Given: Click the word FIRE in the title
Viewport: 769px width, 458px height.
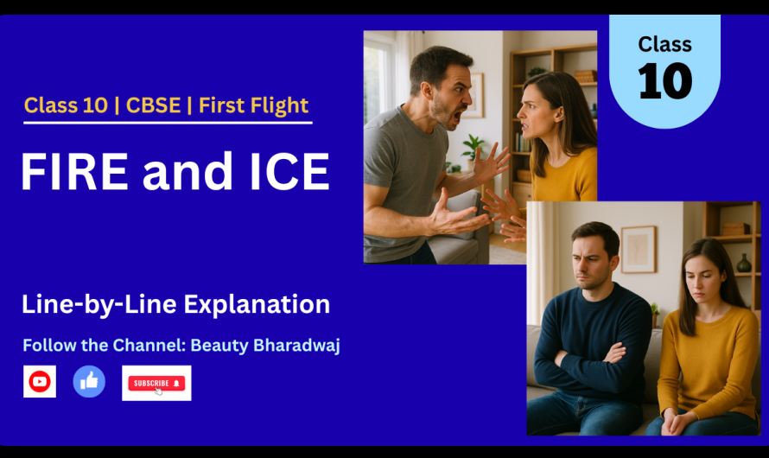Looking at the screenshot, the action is point(74,171).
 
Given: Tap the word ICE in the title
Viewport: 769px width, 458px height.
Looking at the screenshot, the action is point(289,171).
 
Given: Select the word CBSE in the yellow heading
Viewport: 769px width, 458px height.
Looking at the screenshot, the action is point(153,105).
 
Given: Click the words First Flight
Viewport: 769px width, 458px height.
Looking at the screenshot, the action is point(253,105).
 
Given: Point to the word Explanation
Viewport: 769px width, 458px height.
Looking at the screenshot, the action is point(257,304).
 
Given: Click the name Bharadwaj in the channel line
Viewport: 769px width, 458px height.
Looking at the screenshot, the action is point(296,345).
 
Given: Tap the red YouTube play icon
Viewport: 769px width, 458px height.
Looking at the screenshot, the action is point(40,381).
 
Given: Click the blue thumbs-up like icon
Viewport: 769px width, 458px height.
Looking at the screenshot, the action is point(89,381).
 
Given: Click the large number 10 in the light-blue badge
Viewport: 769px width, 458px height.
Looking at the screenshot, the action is point(665,81).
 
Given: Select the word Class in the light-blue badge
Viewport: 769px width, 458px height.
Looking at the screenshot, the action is point(665,45).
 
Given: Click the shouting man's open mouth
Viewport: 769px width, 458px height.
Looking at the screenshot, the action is point(458,117).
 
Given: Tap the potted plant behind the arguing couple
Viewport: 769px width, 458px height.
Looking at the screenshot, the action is point(473,148).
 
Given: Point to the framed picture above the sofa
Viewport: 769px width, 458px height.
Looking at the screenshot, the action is point(639,249).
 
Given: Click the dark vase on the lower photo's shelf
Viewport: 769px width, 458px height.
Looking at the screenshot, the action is point(744,264).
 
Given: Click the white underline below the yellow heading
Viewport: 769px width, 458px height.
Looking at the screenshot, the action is point(168,122).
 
